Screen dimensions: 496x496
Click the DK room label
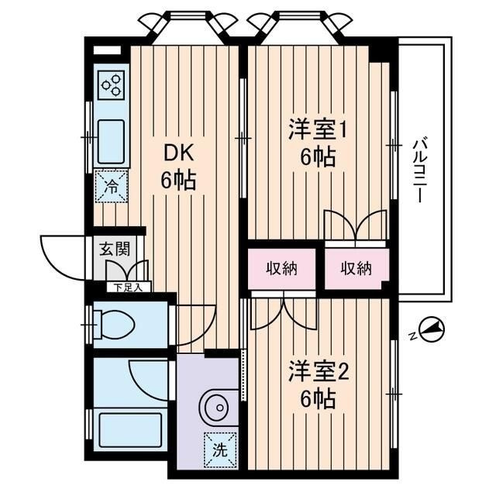pos(178,154)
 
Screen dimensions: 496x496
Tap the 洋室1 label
pos(317,129)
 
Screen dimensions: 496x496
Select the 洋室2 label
pos(319,372)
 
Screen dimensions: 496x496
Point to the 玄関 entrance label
pos(115,249)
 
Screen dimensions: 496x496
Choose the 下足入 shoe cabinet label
pos(128,288)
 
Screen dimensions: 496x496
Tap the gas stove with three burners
pos(111,84)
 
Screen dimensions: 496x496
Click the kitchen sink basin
pos(111,142)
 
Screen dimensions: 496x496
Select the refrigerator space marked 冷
pos(112,186)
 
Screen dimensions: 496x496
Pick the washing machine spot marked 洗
pos(220,450)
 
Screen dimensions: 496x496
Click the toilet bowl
pos(115,325)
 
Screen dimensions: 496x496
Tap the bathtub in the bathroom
pos(130,430)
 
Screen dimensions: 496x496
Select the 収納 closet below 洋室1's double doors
pos(356,269)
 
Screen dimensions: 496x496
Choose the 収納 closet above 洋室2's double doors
pos(281,269)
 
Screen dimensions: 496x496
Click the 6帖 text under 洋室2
pos(318,399)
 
